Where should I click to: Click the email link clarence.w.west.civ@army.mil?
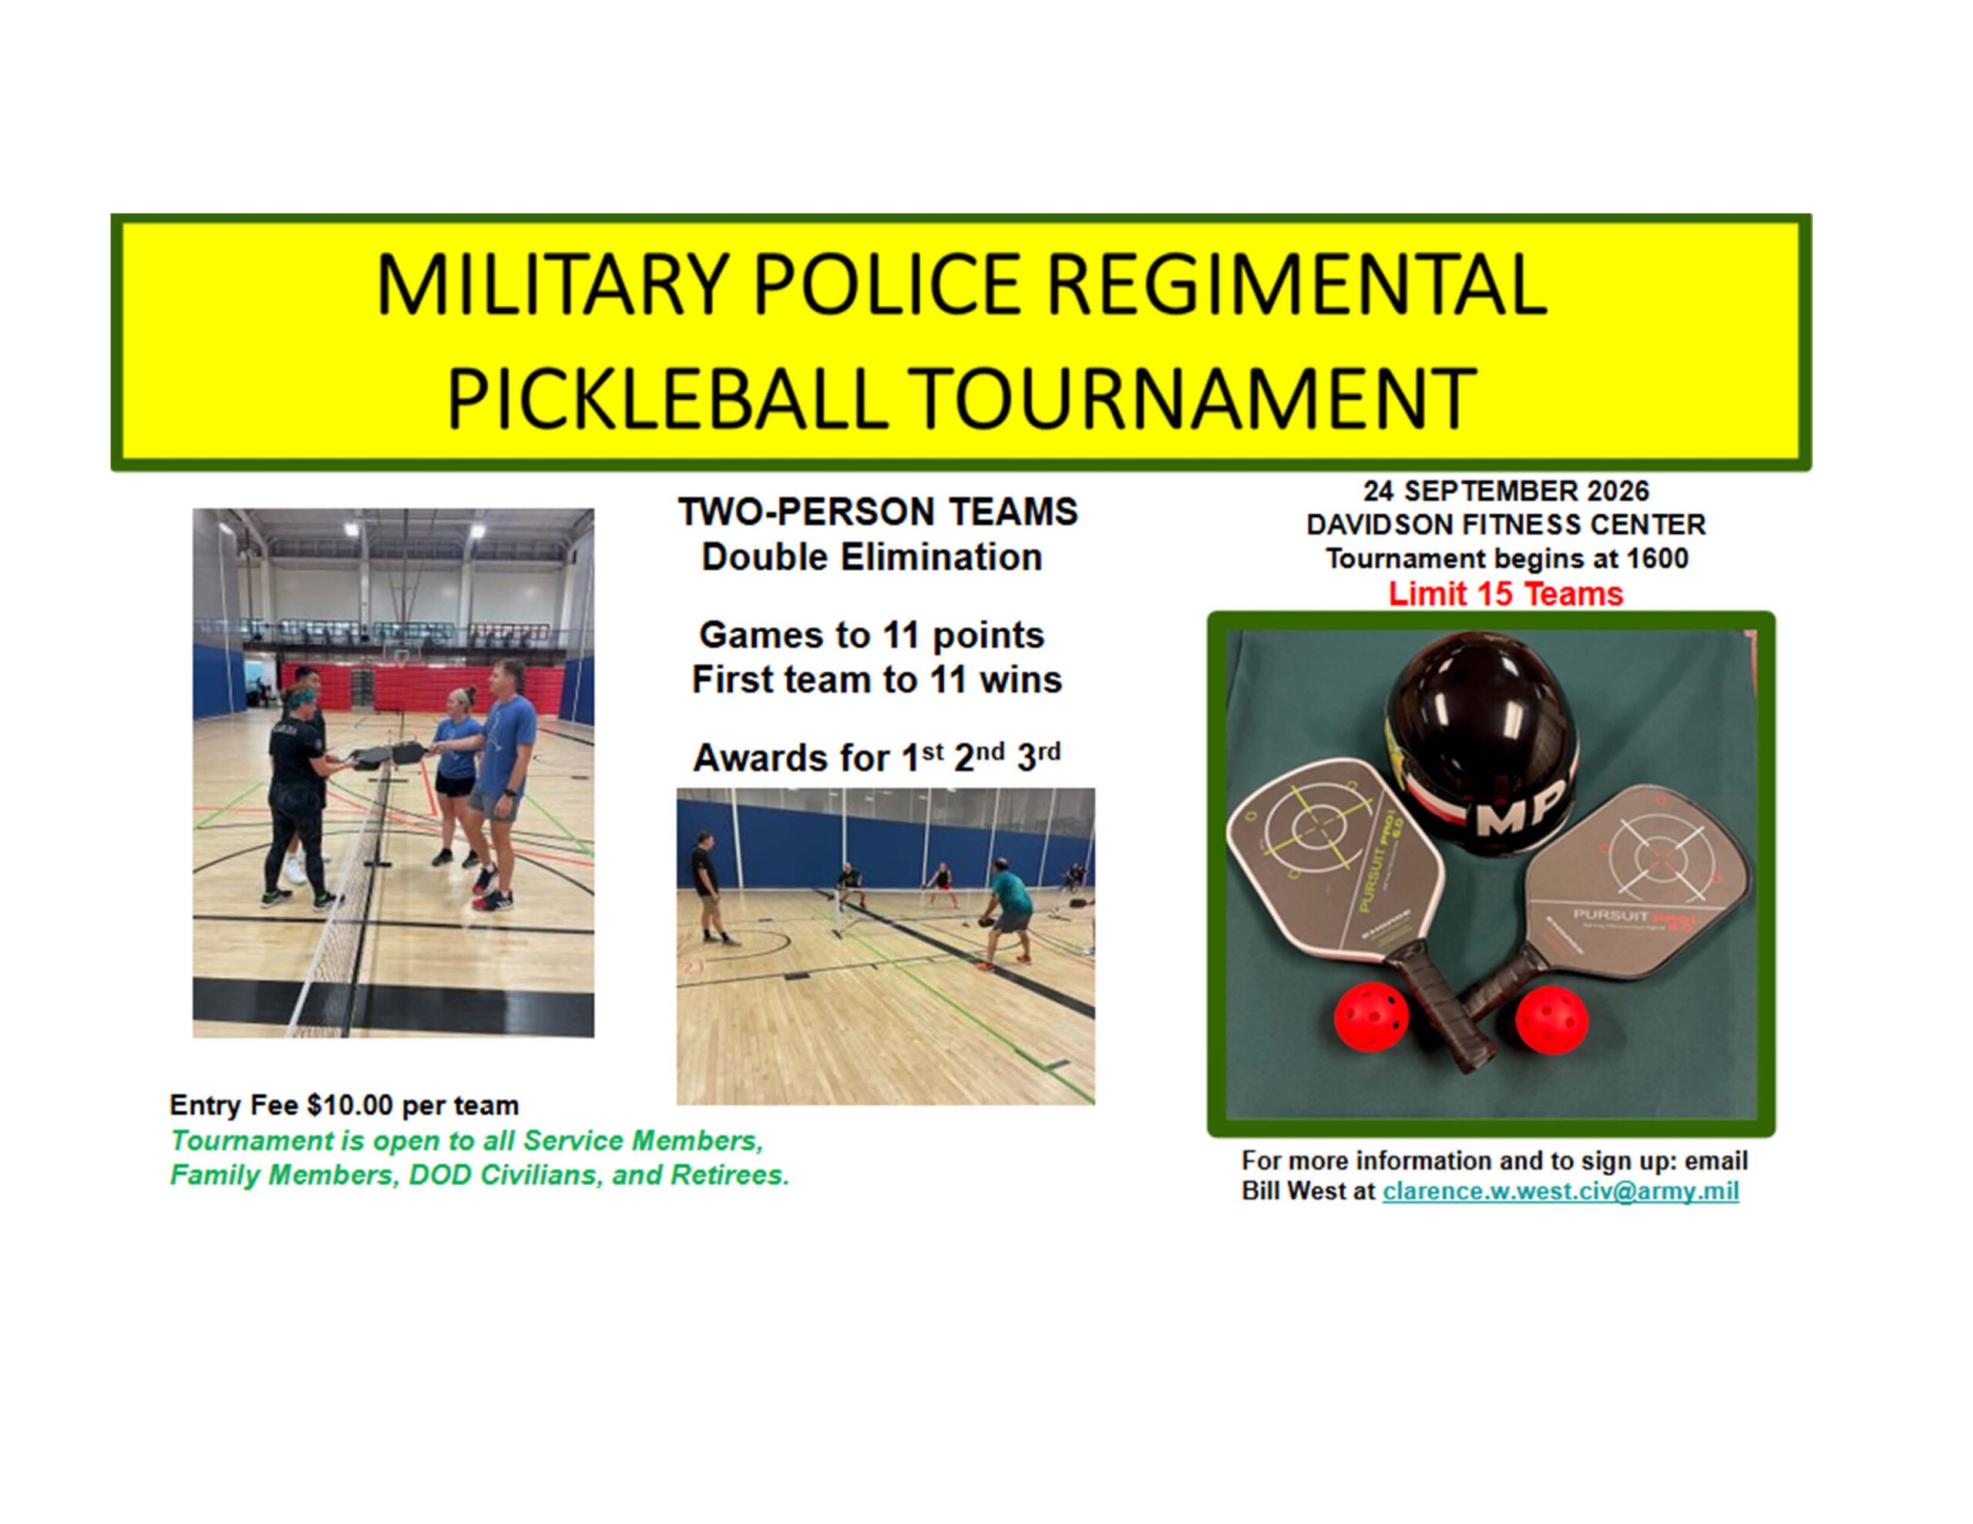point(1560,1190)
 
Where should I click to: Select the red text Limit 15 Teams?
point(1506,593)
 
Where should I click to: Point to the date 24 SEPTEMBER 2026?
point(1506,491)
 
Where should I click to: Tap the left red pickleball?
point(1371,1016)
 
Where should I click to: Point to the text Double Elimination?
point(872,557)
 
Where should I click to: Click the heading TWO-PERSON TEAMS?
point(878,512)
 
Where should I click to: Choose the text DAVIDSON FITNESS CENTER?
point(1506,524)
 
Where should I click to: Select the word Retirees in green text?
point(729,1174)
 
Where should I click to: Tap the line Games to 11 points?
point(872,635)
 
